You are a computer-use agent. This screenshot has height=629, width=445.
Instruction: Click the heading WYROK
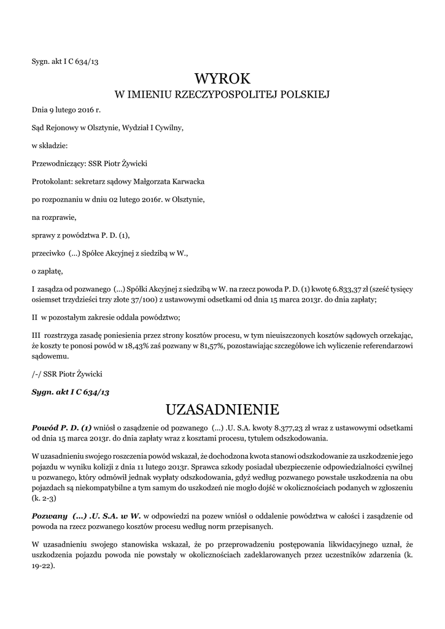(222, 79)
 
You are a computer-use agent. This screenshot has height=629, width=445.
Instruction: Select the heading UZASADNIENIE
(222, 409)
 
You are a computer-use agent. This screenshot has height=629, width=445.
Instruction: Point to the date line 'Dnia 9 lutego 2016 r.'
(66, 111)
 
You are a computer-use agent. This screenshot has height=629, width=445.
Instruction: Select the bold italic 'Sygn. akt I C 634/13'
(70, 391)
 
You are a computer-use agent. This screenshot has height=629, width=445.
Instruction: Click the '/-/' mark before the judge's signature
(37, 373)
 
